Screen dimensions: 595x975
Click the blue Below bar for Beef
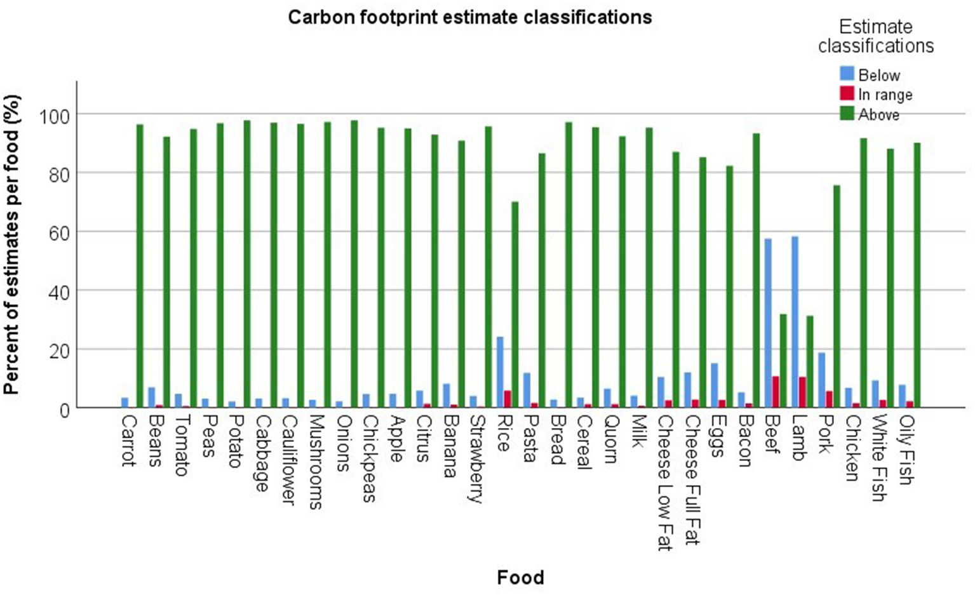click(x=768, y=323)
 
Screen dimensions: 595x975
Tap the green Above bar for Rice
click(x=515, y=305)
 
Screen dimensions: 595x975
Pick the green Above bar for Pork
click(x=837, y=296)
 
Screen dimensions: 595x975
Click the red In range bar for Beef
click(x=776, y=392)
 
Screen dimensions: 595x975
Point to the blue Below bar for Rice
click(x=500, y=372)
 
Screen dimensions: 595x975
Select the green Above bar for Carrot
click(x=140, y=266)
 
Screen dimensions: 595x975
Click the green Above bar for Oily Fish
click(x=917, y=275)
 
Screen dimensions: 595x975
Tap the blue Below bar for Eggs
click(x=715, y=385)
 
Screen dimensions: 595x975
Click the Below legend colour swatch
click(x=847, y=74)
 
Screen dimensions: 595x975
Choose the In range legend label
click(x=885, y=95)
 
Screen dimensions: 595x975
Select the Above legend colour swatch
click(x=847, y=114)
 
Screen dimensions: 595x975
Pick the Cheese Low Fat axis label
click(x=664, y=483)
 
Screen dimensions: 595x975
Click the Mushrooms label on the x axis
click(x=315, y=462)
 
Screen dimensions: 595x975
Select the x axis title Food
click(x=521, y=577)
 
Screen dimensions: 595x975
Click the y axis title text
click(x=13, y=245)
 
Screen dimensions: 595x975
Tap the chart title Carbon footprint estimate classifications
click(x=470, y=17)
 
